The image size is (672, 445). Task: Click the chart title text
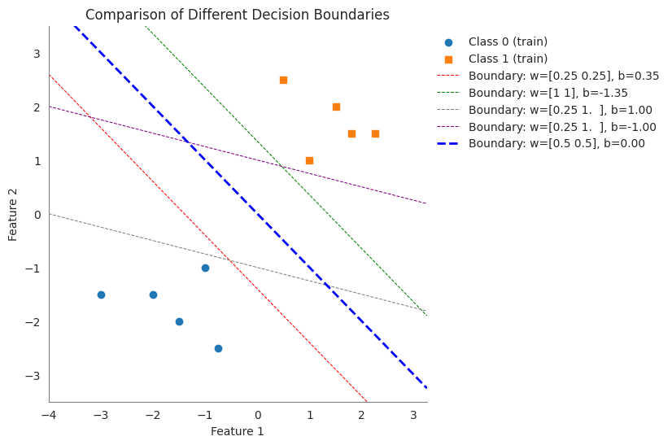point(237,15)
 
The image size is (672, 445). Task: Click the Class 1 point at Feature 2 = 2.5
point(283,80)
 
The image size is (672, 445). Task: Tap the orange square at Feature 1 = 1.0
point(309,160)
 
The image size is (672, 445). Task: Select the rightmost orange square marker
point(375,133)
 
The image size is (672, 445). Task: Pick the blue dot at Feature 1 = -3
point(101,294)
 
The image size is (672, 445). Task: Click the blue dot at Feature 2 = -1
point(205,268)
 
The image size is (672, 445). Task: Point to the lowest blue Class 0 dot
point(218,348)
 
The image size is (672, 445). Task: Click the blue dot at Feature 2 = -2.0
point(179,321)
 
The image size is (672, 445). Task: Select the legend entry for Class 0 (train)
point(508,41)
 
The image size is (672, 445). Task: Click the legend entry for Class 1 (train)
point(508,59)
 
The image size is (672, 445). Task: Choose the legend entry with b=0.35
point(563,76)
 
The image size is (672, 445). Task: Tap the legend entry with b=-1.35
point(548,93)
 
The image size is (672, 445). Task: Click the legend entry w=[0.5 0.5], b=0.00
point(556,143)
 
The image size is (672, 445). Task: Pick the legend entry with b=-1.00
point(562,126)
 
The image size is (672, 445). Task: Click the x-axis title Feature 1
point(237,431)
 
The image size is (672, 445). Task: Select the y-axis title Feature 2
point(13,214)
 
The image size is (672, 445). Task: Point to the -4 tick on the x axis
point(49,414)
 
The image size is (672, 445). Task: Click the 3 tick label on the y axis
point(37,54)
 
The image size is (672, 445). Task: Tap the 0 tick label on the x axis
point(257,414)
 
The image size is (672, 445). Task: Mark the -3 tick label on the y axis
point(33,376)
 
